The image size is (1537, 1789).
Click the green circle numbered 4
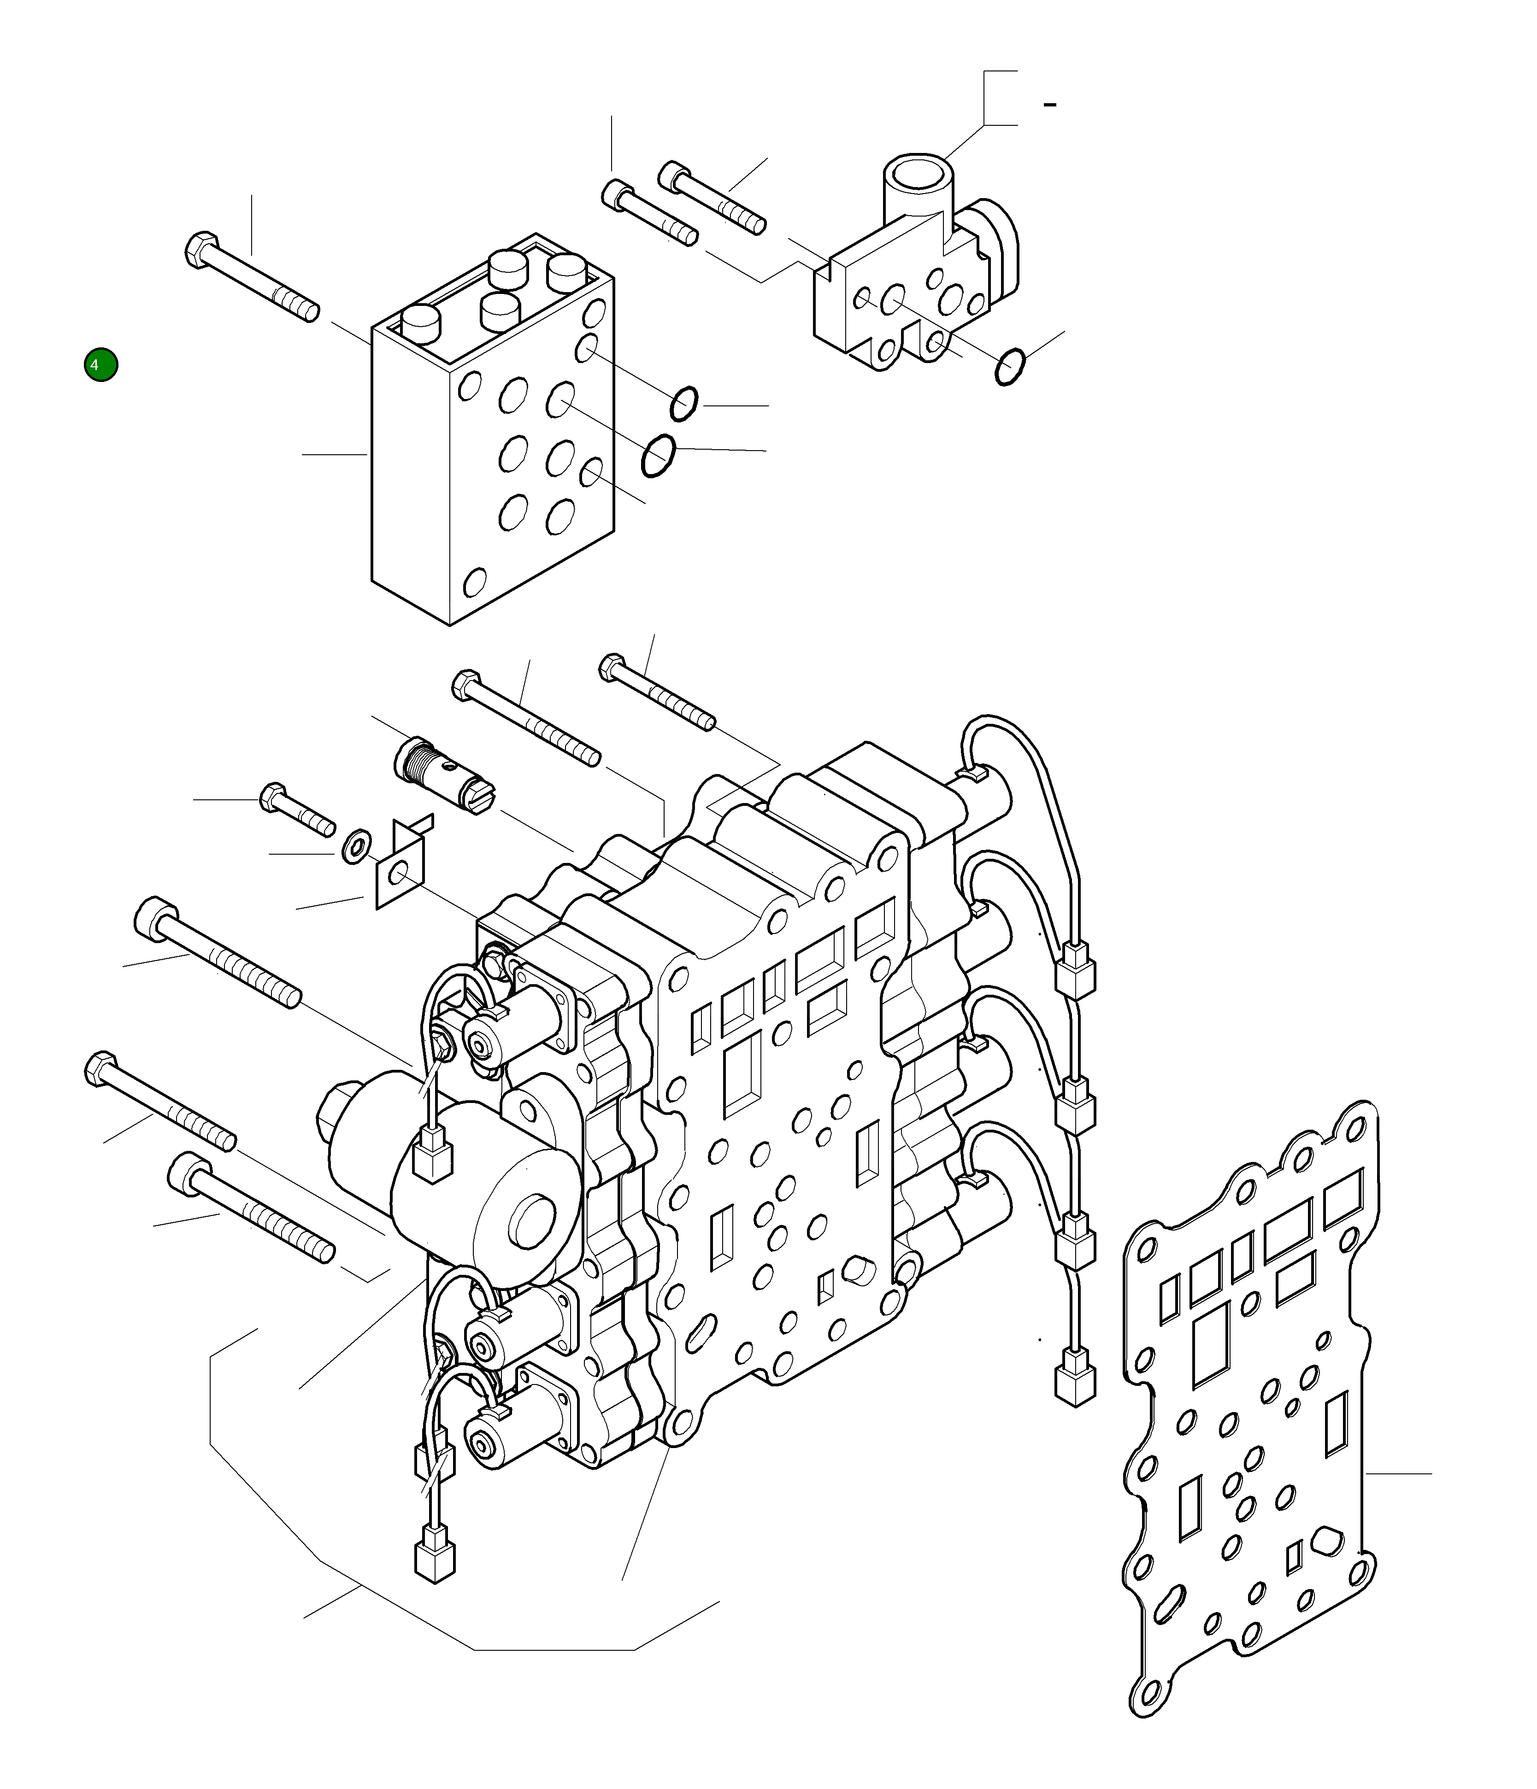tap(101, 365)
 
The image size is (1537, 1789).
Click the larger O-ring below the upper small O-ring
tap(659, 455)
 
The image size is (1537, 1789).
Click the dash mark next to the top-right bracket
tap(1050, 105)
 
